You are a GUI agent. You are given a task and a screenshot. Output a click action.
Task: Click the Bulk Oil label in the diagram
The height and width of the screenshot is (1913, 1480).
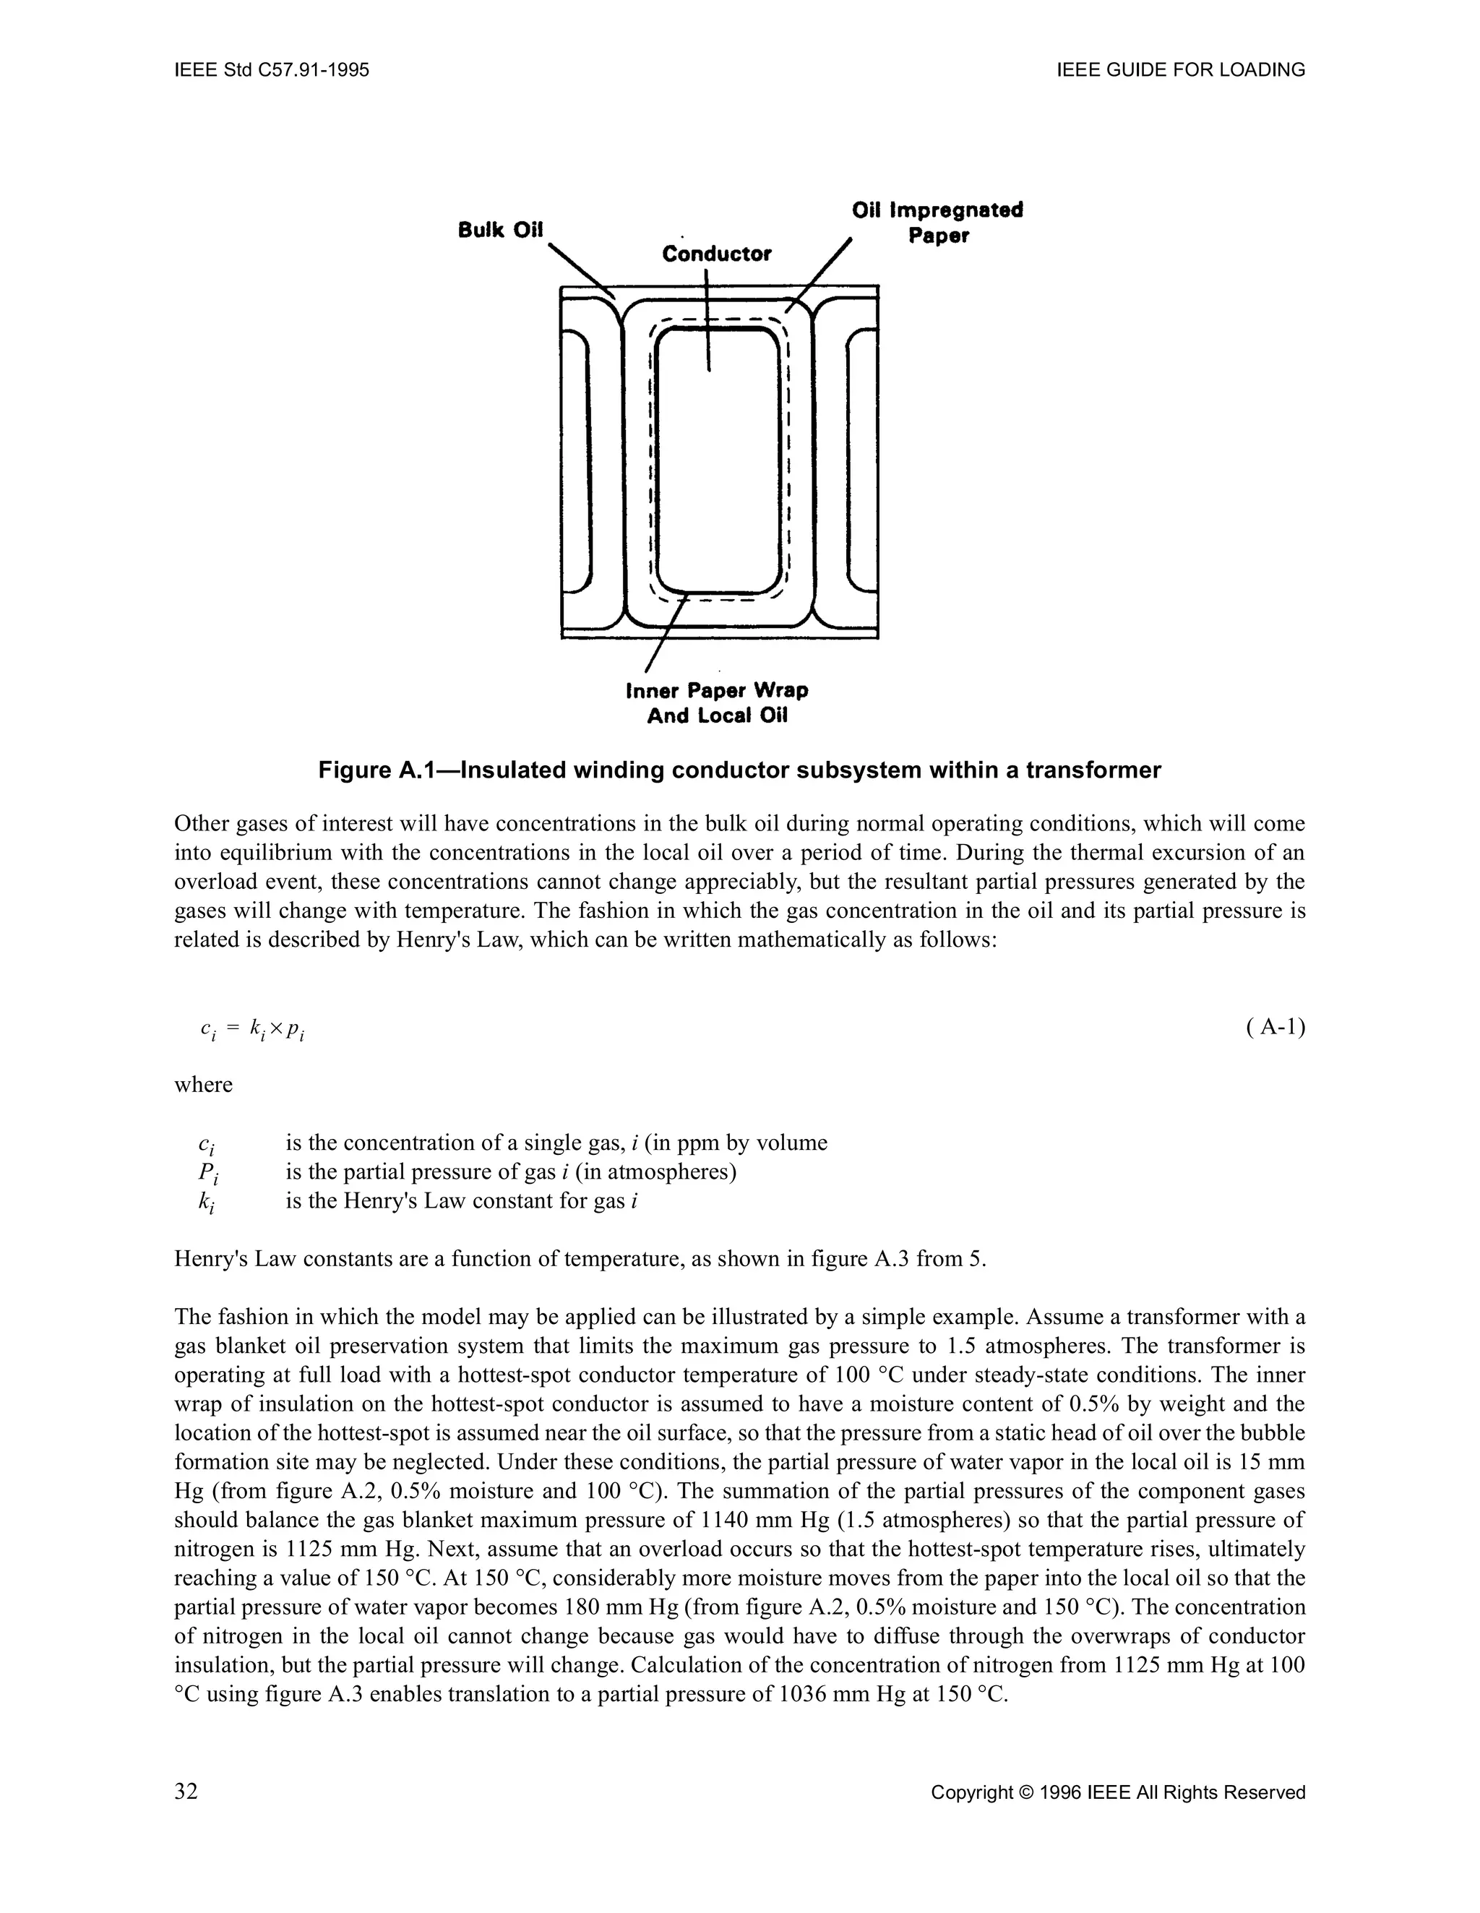[x=501, y=230]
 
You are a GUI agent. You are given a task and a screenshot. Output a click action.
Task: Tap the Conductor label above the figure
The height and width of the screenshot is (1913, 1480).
[x=716, y=254]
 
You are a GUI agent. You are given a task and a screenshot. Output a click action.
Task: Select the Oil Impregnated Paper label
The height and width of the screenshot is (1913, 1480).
[x=937, y=223]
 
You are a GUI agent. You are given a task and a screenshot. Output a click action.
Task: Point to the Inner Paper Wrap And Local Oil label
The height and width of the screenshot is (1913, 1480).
[x=717, y=702]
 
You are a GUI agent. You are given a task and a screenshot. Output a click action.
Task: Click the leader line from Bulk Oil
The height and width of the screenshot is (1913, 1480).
[x=580, y=270]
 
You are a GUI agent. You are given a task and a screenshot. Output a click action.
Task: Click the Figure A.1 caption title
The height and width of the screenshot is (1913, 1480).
[x=739, y=771]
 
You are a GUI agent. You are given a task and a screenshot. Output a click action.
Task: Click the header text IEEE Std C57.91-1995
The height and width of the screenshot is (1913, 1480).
[x=272, y=70]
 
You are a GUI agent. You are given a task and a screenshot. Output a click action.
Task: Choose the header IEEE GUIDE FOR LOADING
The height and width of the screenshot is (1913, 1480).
[x=1182, y=70]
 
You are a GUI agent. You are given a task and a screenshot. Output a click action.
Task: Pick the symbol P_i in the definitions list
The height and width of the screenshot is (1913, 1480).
[x=207, y=1174]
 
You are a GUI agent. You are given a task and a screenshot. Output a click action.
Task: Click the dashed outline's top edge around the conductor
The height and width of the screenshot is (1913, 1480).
[x=718, y=319]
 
